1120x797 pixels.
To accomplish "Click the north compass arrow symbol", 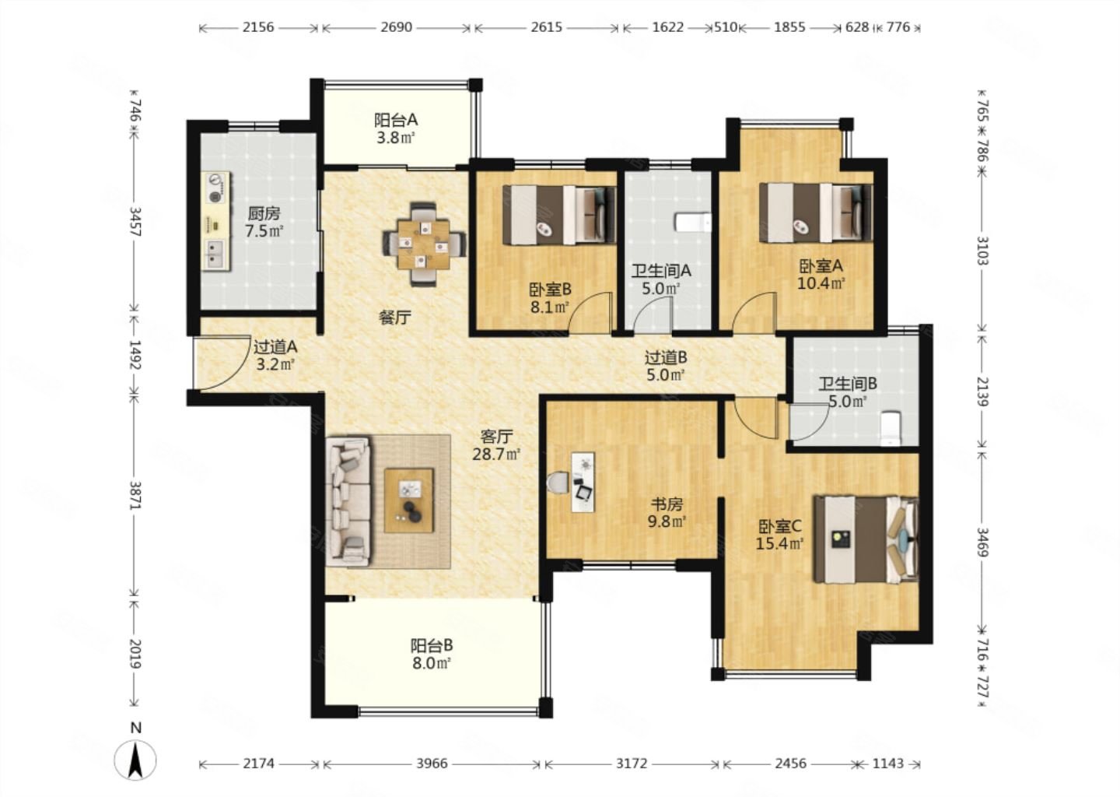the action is pos(135,760).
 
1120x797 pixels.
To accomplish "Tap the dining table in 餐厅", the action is pos(424,244).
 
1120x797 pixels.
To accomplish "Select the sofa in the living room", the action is pos(348,502).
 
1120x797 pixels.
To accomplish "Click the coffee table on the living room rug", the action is pos(409,500).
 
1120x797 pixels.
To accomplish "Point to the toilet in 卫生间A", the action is pos(693,222).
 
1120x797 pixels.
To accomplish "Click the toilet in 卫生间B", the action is pos(891,428).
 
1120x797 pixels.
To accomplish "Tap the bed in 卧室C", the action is pos(866,539).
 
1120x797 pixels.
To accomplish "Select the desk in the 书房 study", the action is pos(583,482).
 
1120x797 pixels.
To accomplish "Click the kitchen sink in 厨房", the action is pos(216,255).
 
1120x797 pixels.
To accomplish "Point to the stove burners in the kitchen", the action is pos(215,189).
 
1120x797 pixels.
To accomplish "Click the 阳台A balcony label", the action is pos(396,120).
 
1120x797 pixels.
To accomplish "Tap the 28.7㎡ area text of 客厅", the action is pos(496,455).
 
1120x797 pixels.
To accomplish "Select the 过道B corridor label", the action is pos(666,357).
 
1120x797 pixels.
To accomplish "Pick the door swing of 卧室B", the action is pos(590,313).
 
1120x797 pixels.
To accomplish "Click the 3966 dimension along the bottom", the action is pos(432,764).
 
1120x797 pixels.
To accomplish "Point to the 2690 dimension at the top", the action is pos(396,27).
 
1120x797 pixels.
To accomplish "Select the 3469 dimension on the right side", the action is pos(982,542).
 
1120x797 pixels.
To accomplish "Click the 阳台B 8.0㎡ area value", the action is pos(431,663).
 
